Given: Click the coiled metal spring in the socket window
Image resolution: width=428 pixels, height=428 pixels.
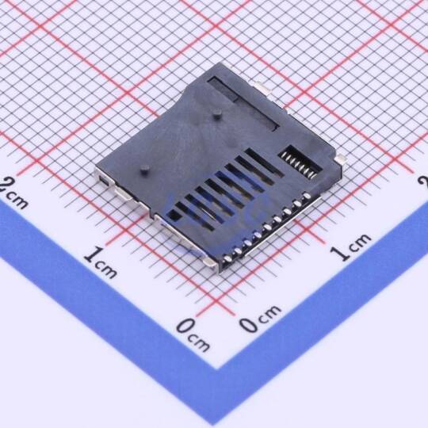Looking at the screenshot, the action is point(300,164).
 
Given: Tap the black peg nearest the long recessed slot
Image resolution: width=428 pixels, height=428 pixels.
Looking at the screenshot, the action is point(217,113).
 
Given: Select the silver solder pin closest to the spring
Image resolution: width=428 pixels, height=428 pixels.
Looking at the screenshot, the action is point(308,196).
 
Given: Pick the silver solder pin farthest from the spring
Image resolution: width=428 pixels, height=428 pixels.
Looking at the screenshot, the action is point(227,258).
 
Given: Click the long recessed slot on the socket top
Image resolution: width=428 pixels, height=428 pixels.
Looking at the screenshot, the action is point(243,104).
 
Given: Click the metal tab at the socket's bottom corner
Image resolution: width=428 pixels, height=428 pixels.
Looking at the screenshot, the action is point(210,263).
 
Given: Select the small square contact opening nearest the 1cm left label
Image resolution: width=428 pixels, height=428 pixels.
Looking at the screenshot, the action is point(174,216).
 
